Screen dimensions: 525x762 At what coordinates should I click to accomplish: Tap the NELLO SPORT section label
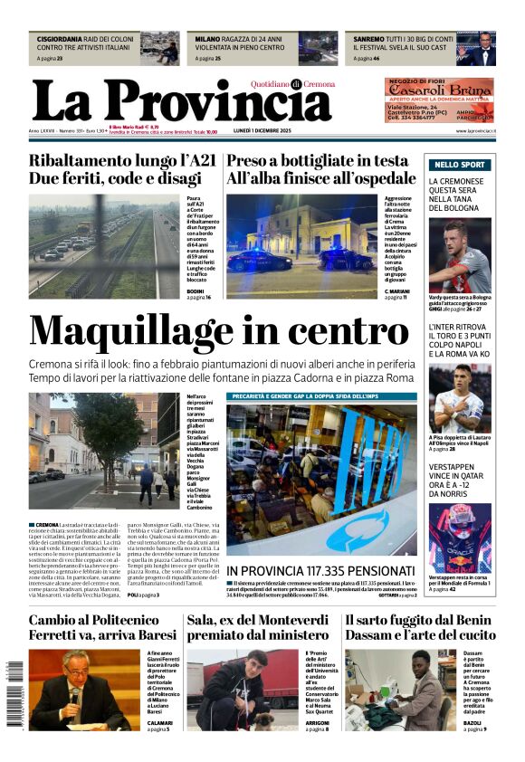pos(460,165)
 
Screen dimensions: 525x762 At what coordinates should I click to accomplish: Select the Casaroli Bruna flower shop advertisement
pos(439,99)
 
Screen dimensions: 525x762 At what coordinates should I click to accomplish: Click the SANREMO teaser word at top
pos(368,40)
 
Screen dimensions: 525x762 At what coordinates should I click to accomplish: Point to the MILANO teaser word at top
pos(207,40)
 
